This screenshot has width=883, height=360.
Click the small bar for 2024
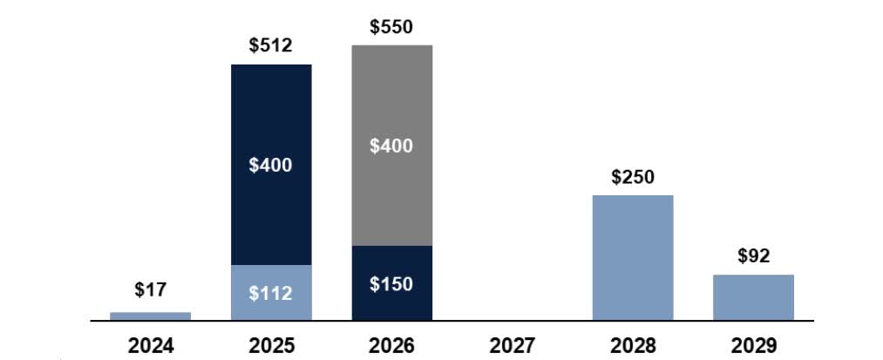(150, 316)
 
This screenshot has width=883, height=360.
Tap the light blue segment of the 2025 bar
(271, 292)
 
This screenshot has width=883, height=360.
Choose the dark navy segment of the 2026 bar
(391, 282)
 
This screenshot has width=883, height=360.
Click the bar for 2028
(633, 257)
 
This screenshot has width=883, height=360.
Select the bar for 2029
(753, 297)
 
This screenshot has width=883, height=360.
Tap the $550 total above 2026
(391, 27)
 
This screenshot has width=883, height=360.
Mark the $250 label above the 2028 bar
(633, 177)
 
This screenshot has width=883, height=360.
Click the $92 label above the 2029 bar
(753, 256)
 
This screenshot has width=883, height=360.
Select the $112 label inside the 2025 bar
(271, 293)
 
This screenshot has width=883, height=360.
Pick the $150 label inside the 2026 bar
(391, 284)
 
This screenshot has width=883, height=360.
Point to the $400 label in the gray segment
(391, 146)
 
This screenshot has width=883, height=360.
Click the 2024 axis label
(150, 345)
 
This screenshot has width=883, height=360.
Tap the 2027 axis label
(512, 345)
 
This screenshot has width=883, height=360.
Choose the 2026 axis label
(391, 345)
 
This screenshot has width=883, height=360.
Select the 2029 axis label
(753, 345)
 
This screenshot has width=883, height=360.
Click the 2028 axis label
(633, 345)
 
